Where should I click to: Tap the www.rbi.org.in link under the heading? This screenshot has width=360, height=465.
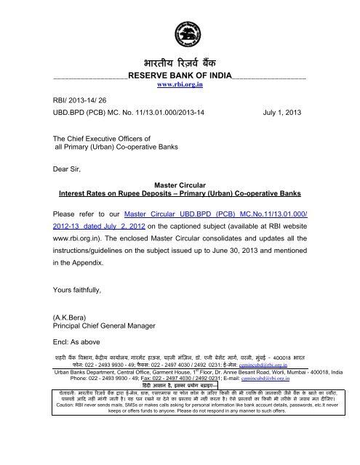click(180, 85)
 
